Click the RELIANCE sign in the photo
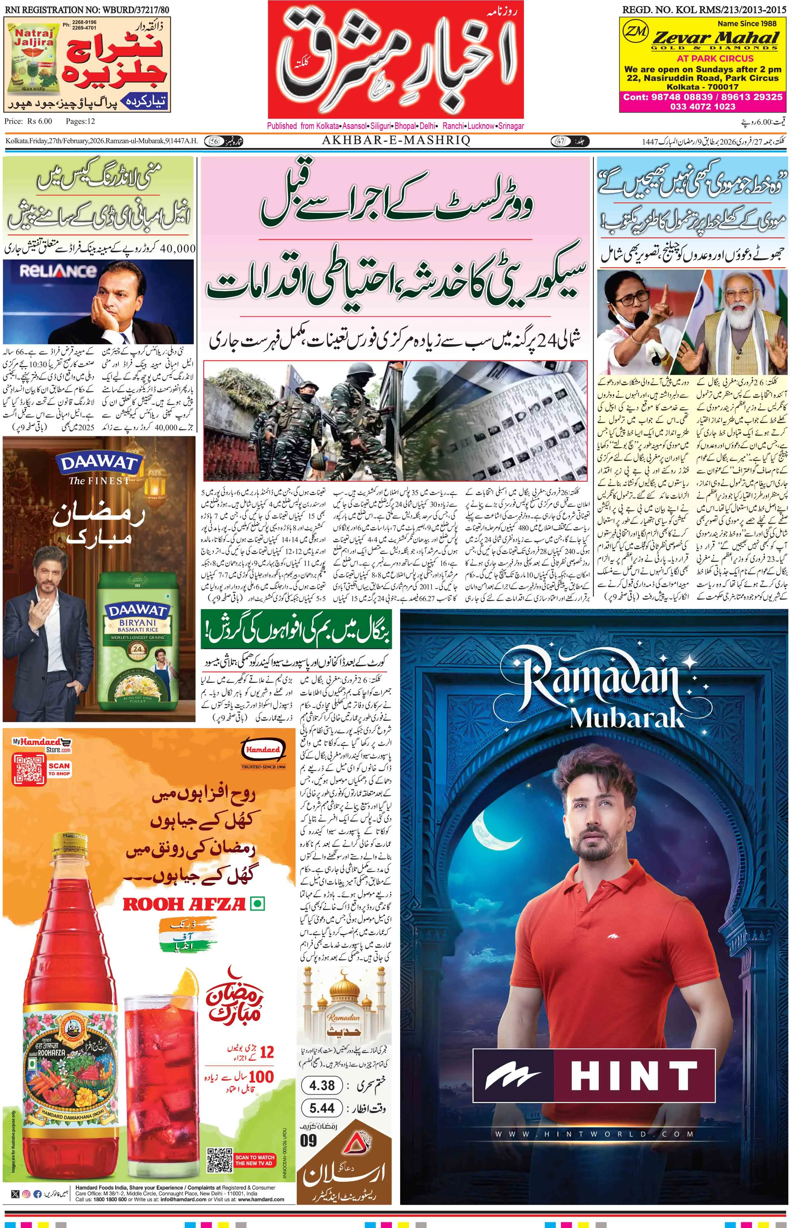58,271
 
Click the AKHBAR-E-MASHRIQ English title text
396,141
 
